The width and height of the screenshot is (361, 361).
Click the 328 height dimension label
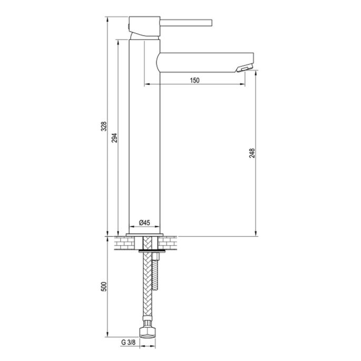click(104, 126)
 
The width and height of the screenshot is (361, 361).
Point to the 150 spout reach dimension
click(194, 80)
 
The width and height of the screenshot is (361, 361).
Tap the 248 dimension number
click(252, 153)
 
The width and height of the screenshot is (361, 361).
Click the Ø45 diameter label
click(144, 223)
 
